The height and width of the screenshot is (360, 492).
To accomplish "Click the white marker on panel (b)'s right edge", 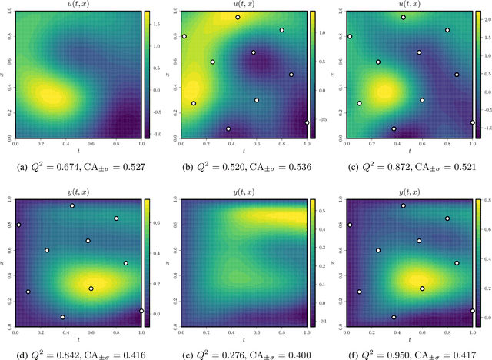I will point(307,122).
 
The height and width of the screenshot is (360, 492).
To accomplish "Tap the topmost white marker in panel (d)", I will point(72,205).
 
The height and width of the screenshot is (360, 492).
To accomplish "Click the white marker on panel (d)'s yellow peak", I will point(91,288).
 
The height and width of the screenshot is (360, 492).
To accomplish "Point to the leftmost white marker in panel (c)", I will point(350,36).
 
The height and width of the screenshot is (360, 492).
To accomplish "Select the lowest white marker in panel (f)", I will point(394,317).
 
